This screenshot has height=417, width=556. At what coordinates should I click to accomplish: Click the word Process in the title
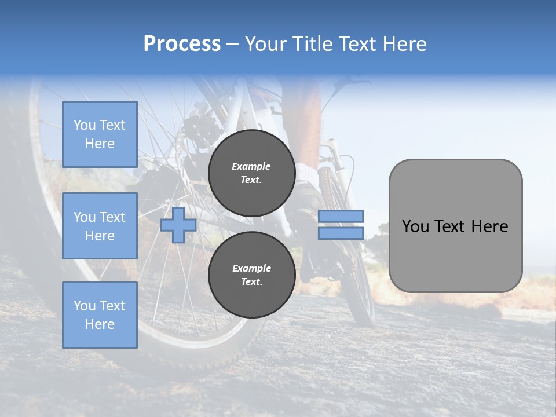point(182,44)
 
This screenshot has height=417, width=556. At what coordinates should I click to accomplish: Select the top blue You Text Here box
point(100,134)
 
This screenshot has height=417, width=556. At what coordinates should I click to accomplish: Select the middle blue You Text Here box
point(100,226)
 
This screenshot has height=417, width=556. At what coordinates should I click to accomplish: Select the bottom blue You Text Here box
point(100,314)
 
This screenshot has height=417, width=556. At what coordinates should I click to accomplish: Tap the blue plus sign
point(178,225)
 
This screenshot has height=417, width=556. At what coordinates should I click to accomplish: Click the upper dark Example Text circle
point(251,173)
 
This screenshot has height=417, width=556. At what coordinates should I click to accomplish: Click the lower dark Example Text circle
point(251,275)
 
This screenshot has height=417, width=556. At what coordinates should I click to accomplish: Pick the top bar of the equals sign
point(341,217)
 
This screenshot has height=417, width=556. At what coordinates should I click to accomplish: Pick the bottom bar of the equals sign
point(341,233)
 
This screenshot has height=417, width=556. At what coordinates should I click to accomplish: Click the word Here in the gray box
point(489,226)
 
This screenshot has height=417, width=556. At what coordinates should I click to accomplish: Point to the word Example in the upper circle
point(251,166)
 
